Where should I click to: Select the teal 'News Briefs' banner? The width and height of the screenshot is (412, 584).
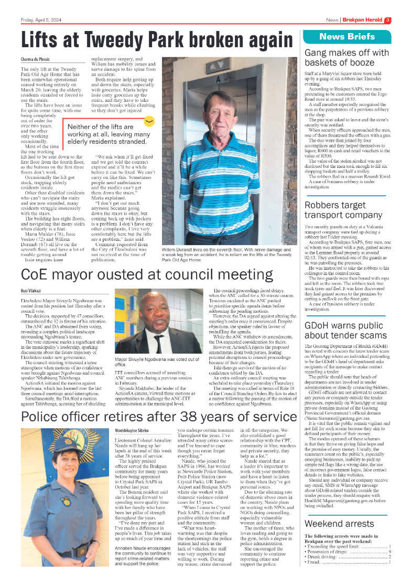347,36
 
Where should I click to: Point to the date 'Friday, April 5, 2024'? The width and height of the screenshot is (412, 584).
41,20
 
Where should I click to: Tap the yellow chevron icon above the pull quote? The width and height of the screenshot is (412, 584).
149,121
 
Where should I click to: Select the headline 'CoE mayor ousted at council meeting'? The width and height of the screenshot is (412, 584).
147,275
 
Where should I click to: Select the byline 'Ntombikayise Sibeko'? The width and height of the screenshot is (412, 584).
135,430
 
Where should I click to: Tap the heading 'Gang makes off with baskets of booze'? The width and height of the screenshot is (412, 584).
346,58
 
